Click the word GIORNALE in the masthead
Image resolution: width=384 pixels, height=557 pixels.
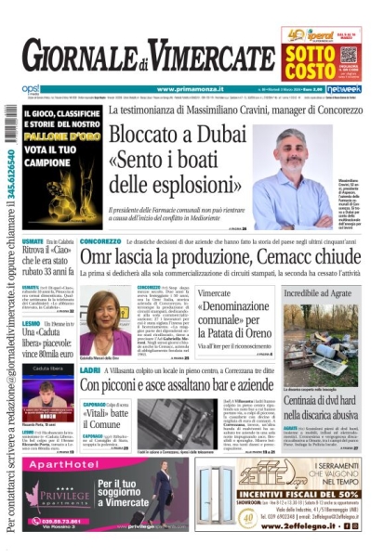point(72,59)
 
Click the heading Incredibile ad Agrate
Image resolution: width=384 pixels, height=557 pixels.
point(323,292)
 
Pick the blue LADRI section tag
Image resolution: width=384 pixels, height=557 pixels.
point(90,369)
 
